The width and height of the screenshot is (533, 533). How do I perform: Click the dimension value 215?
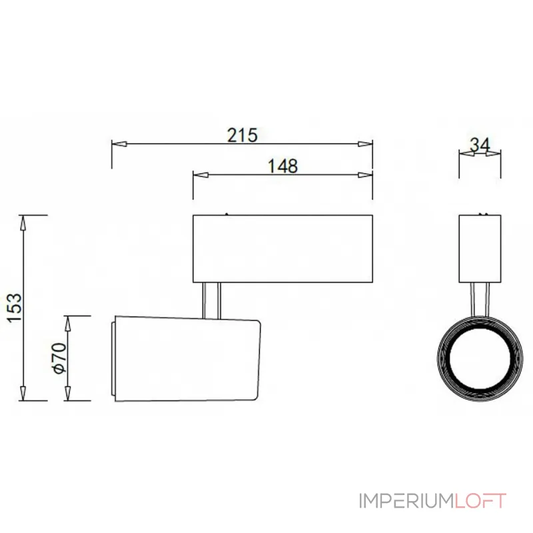click(x=243, y=135)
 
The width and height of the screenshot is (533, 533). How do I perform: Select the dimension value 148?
click(x=282, y=166)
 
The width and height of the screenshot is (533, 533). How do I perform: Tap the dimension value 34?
click(x=480, y=145)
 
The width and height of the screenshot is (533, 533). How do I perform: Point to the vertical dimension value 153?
click(x=15, y=308)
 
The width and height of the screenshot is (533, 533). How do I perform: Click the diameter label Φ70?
click(x=59, y=358)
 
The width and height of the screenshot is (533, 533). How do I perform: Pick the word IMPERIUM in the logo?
click(x=406, y=501)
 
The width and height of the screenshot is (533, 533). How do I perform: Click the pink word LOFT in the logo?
click(x=480, y=501)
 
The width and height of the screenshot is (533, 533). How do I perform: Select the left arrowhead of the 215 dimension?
click(x=119, y=144)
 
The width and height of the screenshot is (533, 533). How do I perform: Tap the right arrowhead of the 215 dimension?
click(x=365, y=144)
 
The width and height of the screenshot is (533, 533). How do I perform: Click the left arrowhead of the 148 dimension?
click(x=201, y=175)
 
